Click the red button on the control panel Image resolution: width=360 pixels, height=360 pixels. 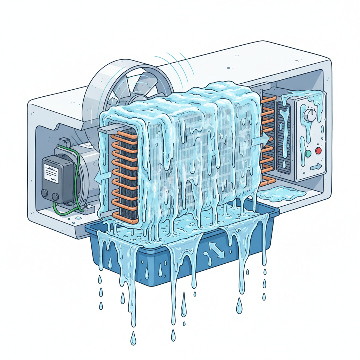319,151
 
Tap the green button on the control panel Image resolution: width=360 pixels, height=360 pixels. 308,154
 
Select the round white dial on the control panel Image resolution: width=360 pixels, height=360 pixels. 310,114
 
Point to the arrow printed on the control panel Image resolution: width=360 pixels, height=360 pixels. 316,167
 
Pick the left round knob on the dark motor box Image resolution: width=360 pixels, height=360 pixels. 45,193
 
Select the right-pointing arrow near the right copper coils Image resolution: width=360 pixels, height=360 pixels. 261,140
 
